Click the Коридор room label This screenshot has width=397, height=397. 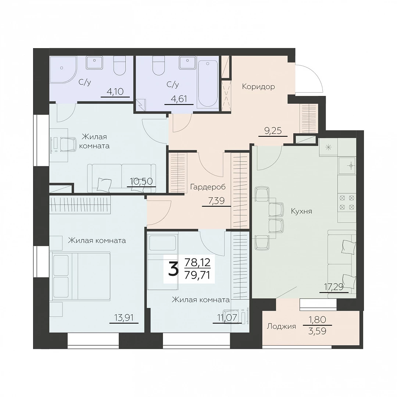tap(258, 87)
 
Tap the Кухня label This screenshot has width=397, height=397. tap(301, 211)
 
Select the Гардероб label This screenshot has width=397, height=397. tap(208, 187)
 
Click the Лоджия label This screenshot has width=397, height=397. tap(281, 327)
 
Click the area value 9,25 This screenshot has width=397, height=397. tap(273, 131)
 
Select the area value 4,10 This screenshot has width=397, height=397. tap(115, 92)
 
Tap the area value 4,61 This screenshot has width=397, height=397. tap(179, 99)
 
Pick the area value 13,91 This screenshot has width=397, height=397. tap(124, 318)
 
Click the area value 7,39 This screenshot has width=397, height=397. tap(217, 201)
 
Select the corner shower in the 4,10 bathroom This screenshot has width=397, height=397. tap(63, 69)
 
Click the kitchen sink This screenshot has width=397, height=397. tap(347, 165)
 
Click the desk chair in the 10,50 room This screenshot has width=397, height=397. tap(67, 144)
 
